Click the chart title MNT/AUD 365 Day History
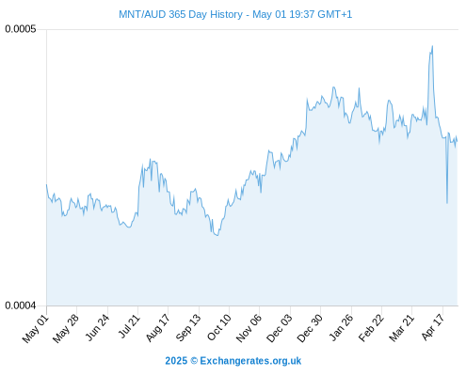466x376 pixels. coord(181,14)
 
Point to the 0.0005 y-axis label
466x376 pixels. coord(21,29)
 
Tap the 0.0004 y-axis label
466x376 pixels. coord(21,305)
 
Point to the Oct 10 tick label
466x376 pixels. coord(218,327)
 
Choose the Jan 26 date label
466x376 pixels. coord(341,327)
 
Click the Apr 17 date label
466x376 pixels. coord(433,327)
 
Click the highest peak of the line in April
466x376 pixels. coord(432,46)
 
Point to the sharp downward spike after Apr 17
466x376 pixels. coord(447,203)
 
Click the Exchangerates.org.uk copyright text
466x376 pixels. coord(233,361)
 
